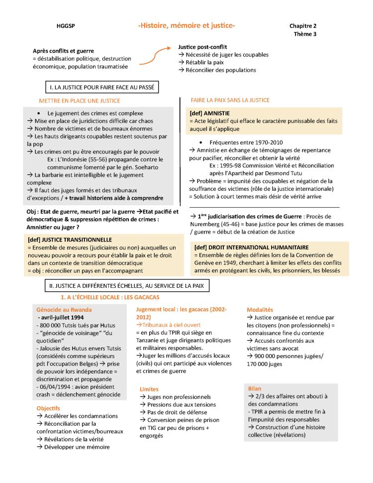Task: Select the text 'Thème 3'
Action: point(305,34)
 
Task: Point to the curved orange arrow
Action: point(157,55)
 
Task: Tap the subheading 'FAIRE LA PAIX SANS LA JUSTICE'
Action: point(230,101)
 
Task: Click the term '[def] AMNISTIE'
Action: point(208,113)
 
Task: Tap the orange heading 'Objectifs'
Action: point(48,408)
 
